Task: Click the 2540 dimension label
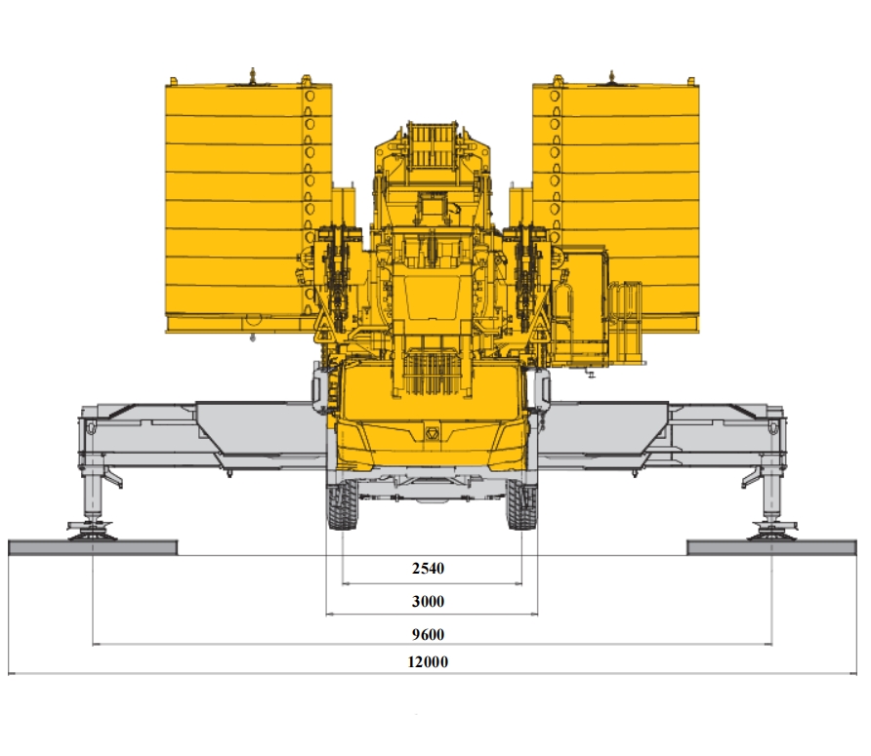coord(428,569)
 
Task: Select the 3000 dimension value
coord(428,601)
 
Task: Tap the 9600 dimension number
coord(428,634)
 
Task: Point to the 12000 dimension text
coord(428,661)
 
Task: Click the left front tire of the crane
coord(342,504)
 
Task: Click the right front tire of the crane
coord(521,504)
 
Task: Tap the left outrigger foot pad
coord(92,532)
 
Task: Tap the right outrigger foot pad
coord(772,532)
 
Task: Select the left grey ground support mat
coord(93,548)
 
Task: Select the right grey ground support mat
coord(771,548)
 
